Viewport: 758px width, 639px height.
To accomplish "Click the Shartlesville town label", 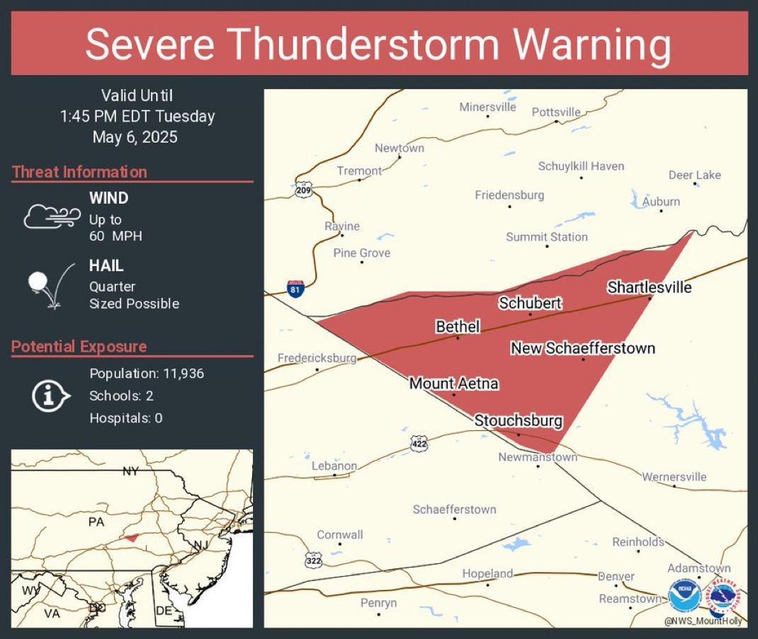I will (x=649, y=287).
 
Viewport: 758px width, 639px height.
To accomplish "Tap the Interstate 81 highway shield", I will (x=296, y=289).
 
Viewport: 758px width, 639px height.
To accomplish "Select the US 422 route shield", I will (x=419, y=444).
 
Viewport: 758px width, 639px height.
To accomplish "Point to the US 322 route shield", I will (x=314, y=560).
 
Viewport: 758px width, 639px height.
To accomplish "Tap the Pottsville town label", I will (x=556, y=112).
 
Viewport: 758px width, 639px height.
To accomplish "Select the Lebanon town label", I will (x=334, y=466).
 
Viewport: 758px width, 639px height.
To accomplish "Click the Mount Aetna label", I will (x=453, y=384).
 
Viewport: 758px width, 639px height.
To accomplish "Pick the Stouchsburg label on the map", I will (x=518, y=420).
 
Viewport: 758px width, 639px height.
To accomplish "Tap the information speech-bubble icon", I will (x=50, y=396).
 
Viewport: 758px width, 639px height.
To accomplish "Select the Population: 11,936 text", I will (x=147, y=373).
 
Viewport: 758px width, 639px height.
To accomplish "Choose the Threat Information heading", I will (x=79, y=172).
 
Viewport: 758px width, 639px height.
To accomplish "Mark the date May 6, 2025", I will (x=135, y=137).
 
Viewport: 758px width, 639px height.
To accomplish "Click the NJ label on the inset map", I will (x=200, y=545).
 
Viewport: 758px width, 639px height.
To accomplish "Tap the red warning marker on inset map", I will (x=129, y=538).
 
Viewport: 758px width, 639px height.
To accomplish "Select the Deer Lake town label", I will (x=694, y=175).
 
